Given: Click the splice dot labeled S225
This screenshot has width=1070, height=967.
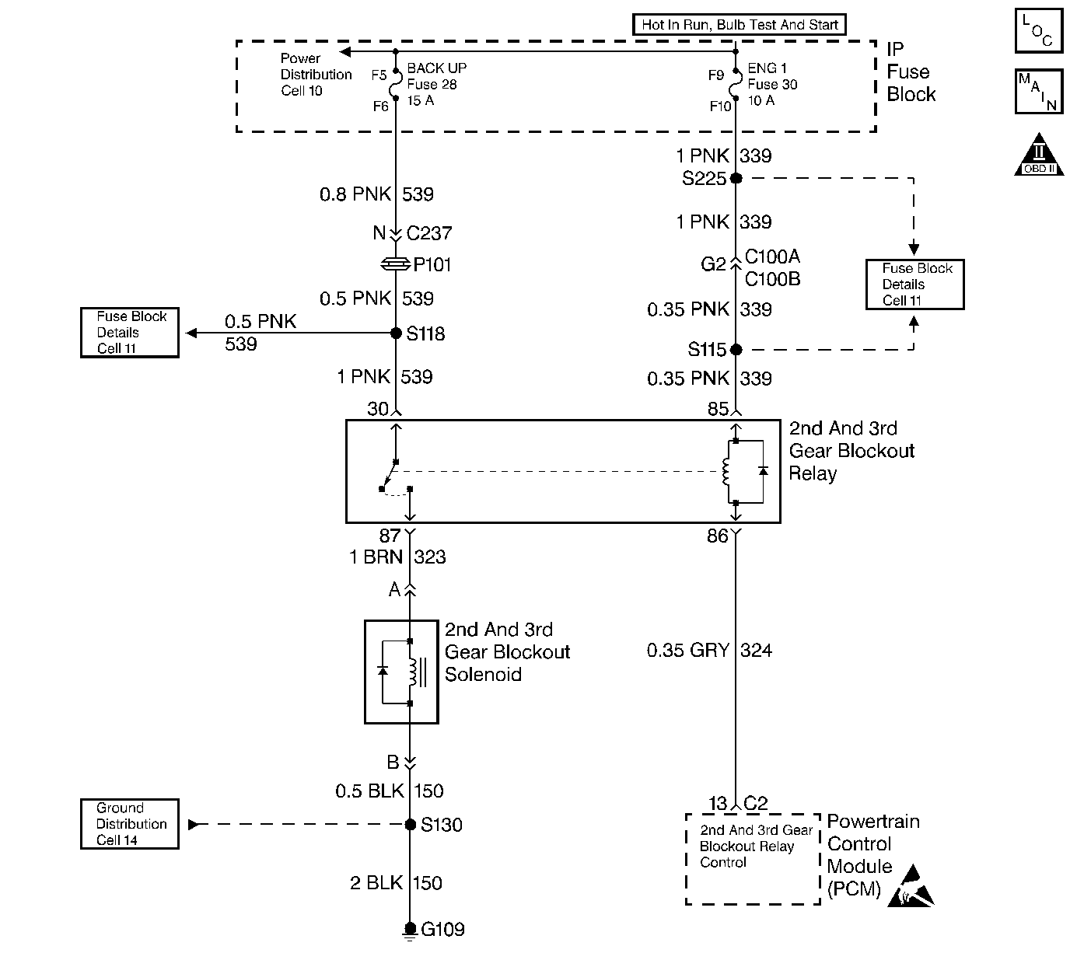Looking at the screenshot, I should pos(736,178).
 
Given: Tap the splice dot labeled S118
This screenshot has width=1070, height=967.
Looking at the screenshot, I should pos(396,333).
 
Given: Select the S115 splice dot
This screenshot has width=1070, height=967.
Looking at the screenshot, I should pos(736,350).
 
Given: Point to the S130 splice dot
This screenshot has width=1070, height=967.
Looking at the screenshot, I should pos(411,824).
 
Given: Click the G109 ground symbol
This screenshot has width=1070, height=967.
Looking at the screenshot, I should pos(410,931).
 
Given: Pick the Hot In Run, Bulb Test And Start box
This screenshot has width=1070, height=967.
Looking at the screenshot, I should pos(740,24).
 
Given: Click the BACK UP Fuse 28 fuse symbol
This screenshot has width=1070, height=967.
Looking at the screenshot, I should pos(396,84).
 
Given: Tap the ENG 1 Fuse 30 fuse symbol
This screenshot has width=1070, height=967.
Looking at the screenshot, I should pos(736,84).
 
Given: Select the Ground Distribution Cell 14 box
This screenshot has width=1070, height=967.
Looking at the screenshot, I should pos(130,824).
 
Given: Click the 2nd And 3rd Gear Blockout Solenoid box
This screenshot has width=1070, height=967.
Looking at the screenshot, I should pos(401,672).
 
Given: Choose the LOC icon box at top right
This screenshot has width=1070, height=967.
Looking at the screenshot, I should pos(1038,31).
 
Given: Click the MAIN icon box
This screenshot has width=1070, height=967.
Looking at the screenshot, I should pos(1038,92).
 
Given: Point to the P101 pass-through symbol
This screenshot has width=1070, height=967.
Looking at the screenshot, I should pos(396,265).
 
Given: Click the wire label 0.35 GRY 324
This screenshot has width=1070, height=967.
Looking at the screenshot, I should pos(709,650).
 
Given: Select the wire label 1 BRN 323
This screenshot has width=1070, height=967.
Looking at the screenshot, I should pos(397,557).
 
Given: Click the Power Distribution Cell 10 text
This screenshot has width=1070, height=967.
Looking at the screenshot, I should pos(316,75).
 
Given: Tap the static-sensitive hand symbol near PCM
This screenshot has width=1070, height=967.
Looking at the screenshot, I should pos(914,890).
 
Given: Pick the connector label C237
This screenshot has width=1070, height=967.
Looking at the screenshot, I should pos(429,233).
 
